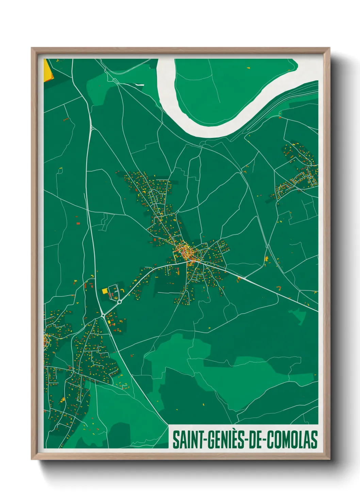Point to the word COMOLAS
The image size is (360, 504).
(292, 440)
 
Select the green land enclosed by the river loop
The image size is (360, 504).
(221, 89)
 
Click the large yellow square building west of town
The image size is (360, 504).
(105, 291)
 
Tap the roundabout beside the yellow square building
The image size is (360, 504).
(119, 301)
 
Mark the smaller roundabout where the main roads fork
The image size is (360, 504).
(103, 316)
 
